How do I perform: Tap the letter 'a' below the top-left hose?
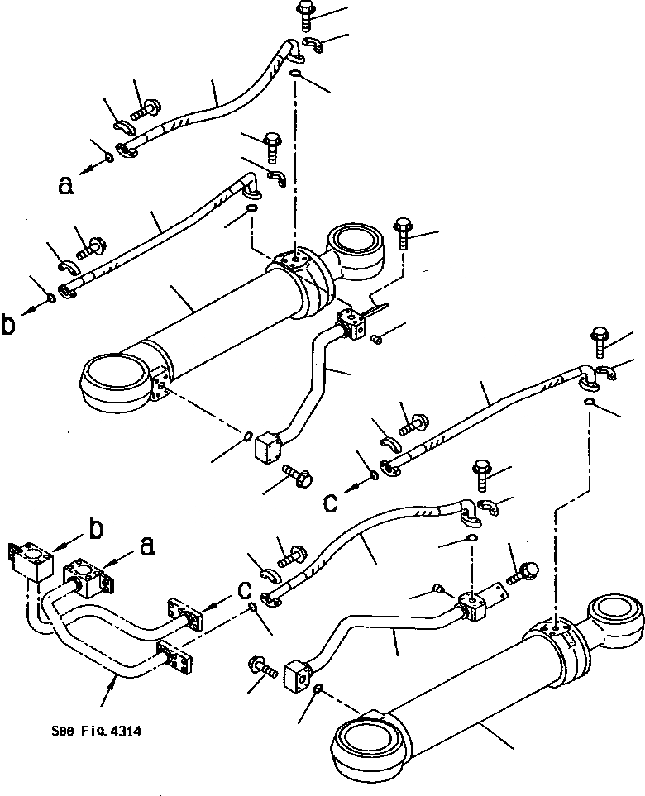65,185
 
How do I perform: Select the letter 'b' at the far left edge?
8,325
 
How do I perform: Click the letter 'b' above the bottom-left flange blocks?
97,530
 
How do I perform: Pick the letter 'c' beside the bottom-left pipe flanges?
243,589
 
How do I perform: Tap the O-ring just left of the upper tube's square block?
247,435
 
